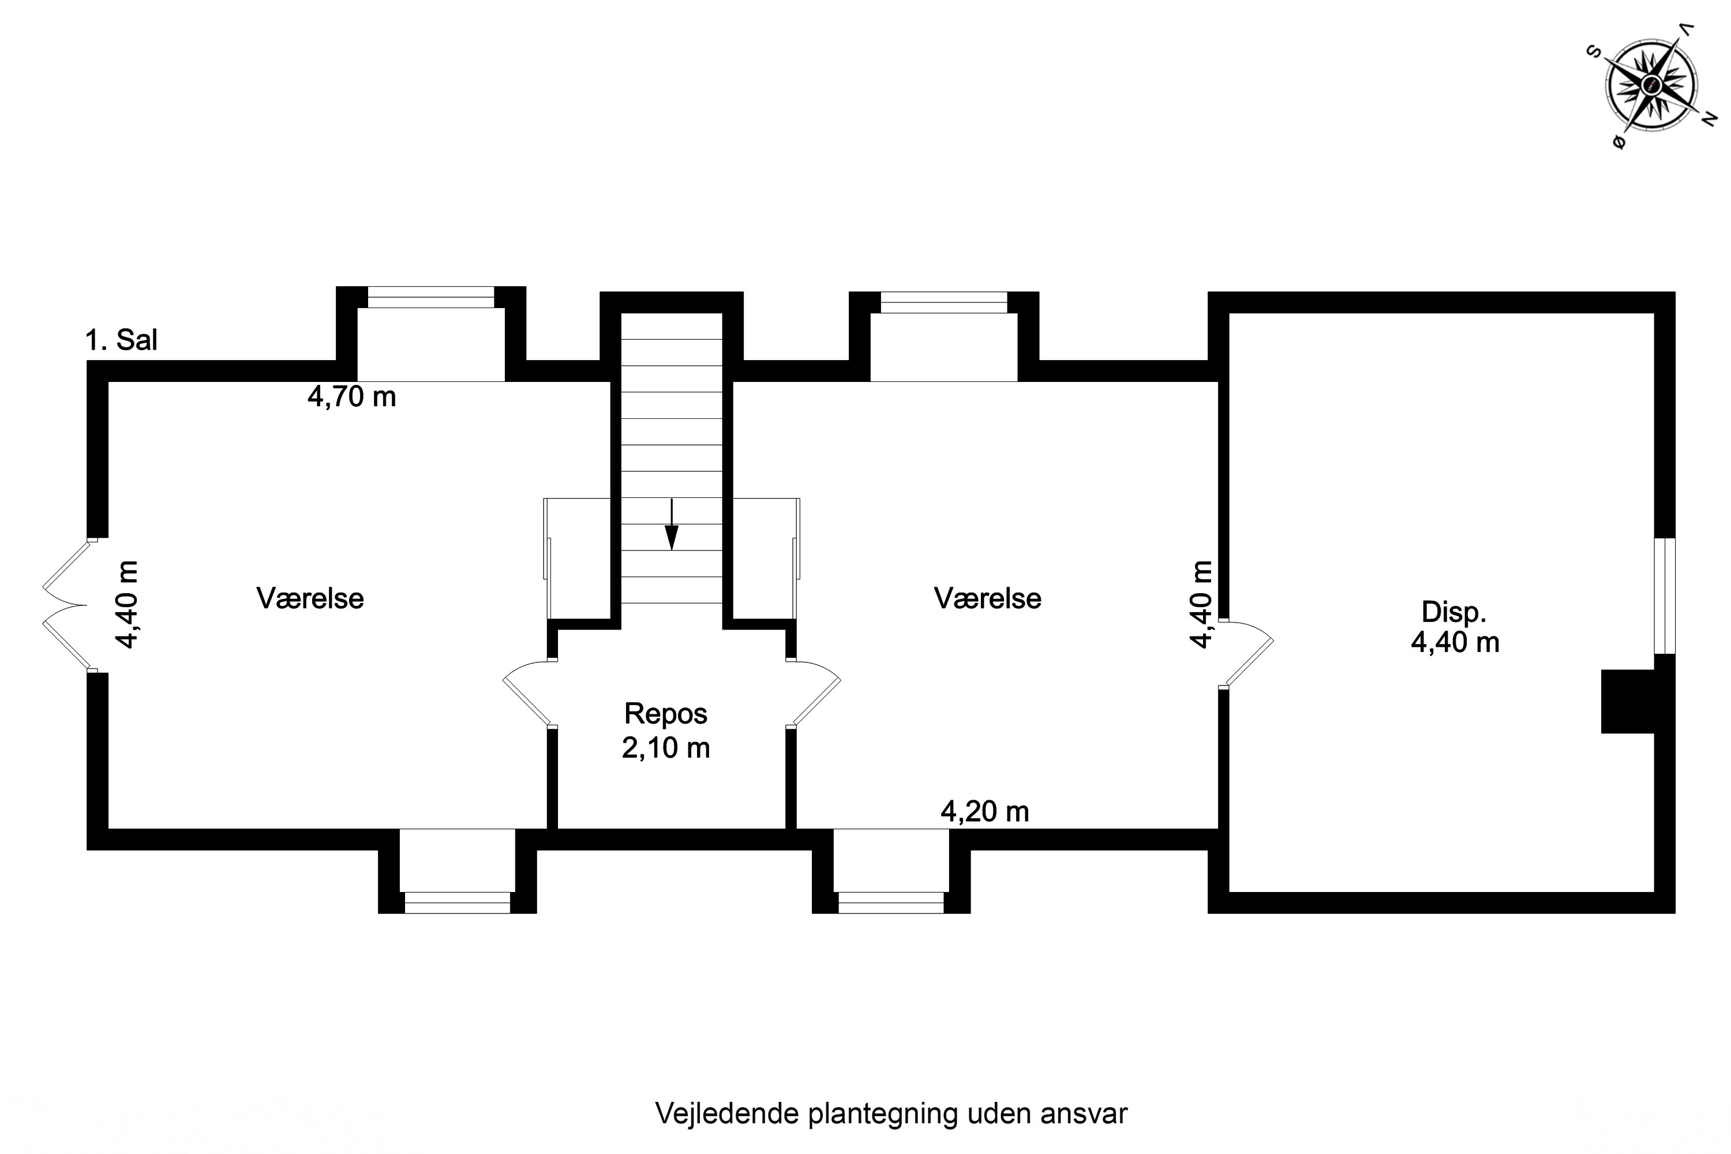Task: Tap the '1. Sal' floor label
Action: point(121,340)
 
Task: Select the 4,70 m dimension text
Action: point(352,397)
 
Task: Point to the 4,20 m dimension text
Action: point(985,811)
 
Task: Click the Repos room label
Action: point(666,714)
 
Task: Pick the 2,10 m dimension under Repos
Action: point(666,748)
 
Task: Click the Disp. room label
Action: point(1453,612)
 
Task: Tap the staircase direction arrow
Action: point(671,524)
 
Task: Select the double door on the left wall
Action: point(66,605)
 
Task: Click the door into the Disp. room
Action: point(1245,654)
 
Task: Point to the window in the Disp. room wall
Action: point(1665,595)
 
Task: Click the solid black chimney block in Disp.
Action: point(1628,702)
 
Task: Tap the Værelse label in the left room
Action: point(310,598)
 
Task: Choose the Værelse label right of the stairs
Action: point(988,598)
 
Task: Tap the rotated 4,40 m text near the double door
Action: point(126,605)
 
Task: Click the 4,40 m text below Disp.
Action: point(1455,643)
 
